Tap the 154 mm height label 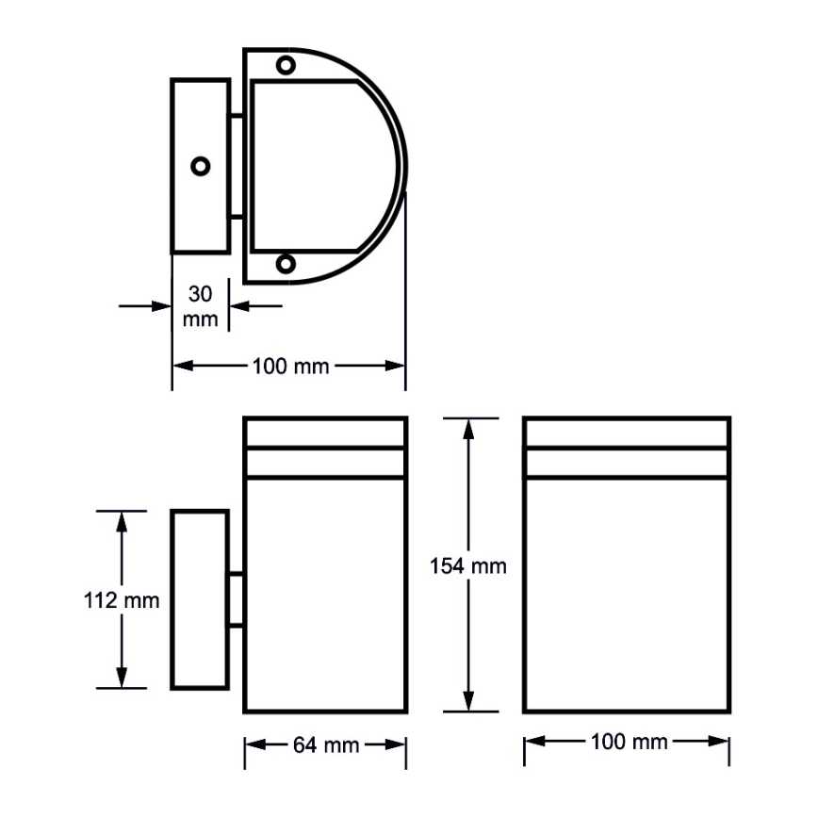click(x=468, y=565)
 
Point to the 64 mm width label click(x=326, y=744)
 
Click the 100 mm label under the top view click(x=290, y=366)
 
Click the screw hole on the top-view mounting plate click(x=200, y=165)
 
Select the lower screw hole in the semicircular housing click(x=286, y=263)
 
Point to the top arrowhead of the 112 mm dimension click(x=121, y=518)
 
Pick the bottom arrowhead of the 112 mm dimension click(x=121, y=679)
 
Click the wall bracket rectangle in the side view click(x=199, y=599)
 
